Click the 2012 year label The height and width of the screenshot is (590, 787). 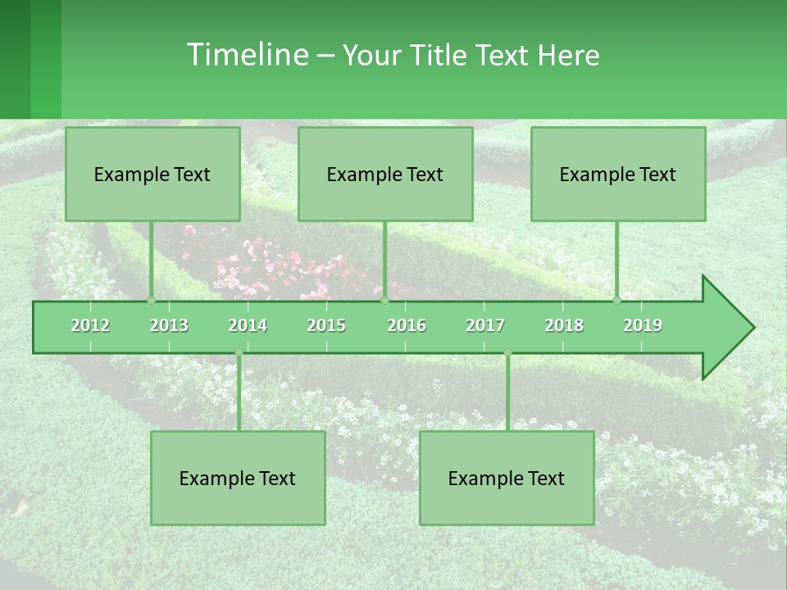[90, 325]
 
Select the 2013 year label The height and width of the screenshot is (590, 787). [169, 325]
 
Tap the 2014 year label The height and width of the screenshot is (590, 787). [248, 325]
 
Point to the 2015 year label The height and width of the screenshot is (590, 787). [326, 325]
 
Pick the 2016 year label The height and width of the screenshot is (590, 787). [407, 325]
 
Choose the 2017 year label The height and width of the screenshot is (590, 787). [485, 325]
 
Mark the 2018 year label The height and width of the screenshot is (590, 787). [564, 325]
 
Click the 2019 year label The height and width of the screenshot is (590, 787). [643, 325]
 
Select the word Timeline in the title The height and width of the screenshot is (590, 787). [246, 55]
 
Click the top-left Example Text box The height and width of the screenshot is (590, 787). [152, 174]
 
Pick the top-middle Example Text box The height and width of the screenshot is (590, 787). [385, 174]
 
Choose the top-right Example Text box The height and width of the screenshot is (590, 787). [618, 174]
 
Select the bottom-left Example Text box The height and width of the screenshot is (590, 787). [238, 478]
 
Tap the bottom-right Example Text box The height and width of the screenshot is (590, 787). [507, 478]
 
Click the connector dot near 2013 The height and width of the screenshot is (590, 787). [152, 300]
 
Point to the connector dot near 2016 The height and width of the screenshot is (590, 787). [384, 300]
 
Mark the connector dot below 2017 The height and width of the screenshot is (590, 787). [507, 352]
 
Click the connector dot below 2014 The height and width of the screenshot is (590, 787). [239, 352]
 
